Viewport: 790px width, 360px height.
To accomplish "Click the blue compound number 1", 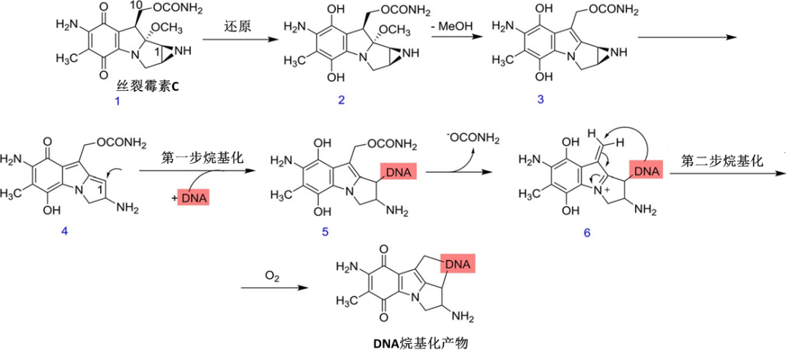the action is (117, 102).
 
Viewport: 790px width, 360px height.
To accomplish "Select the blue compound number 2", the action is (342, 100).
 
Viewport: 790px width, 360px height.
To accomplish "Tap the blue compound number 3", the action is (541, 100).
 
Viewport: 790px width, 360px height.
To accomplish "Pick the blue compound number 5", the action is (325, 232).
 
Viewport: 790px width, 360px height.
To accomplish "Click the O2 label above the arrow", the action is (272, 276).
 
